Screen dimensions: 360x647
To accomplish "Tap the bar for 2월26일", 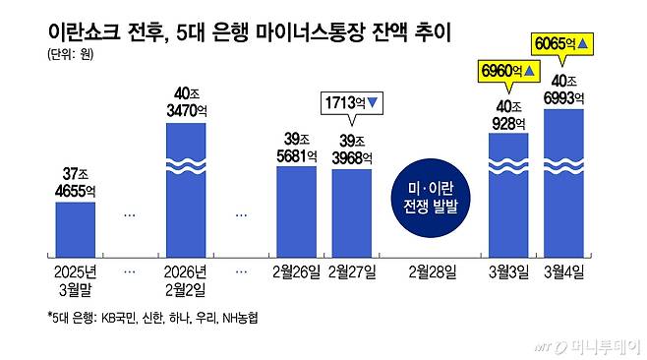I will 296,210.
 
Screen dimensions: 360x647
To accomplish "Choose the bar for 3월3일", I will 509,193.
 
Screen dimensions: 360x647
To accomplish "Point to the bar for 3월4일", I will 564,181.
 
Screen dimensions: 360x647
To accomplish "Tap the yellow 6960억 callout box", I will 508,71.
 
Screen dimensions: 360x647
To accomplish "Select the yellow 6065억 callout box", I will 561,43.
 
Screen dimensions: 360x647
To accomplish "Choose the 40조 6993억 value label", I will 564,88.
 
